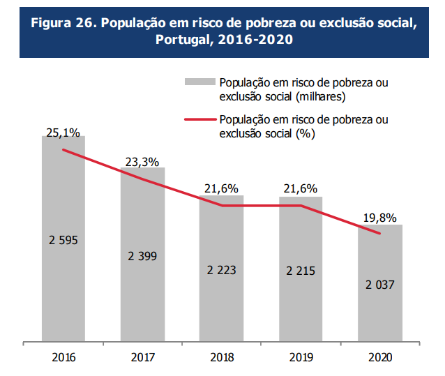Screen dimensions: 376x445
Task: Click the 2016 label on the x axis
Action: pyautogui.click(x=63, y=358)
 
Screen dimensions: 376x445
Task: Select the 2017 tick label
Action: pyautogui.click(x=142, y=358)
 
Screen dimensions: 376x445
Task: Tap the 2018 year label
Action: pyautogui.click(x=221, y=358)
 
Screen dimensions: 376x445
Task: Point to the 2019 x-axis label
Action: pyautogui.click(x=301, y=358)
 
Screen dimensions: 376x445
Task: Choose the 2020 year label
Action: pyautogui.click(x=380, y=358)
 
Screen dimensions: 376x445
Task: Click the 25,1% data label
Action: pyautogui.click(x=63, y=130)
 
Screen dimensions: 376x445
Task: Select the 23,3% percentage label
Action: pyautogui.click(x=142, y=162)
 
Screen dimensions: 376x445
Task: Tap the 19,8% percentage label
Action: pyautogui.click(x=380, y=218)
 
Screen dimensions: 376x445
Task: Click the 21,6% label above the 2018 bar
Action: pyautogui.click(x=221, y=188)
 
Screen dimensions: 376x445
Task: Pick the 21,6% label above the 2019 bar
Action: pyautogui.click(x=301, y=188)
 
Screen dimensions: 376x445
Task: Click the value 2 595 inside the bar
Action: pyautogui.click(x=63, y=240)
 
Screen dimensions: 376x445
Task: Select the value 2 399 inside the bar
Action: pyautogui.click(x=142, y=256)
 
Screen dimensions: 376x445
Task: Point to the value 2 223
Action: pyautogui.click(x=221, y=270)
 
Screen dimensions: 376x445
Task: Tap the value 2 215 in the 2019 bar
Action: pyautogui.click(x=301, y=270)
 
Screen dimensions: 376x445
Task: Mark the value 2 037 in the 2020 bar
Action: pyautogui.click(x=380, y=285)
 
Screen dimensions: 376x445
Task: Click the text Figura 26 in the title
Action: pyautogui.click(x=63, y=23)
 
